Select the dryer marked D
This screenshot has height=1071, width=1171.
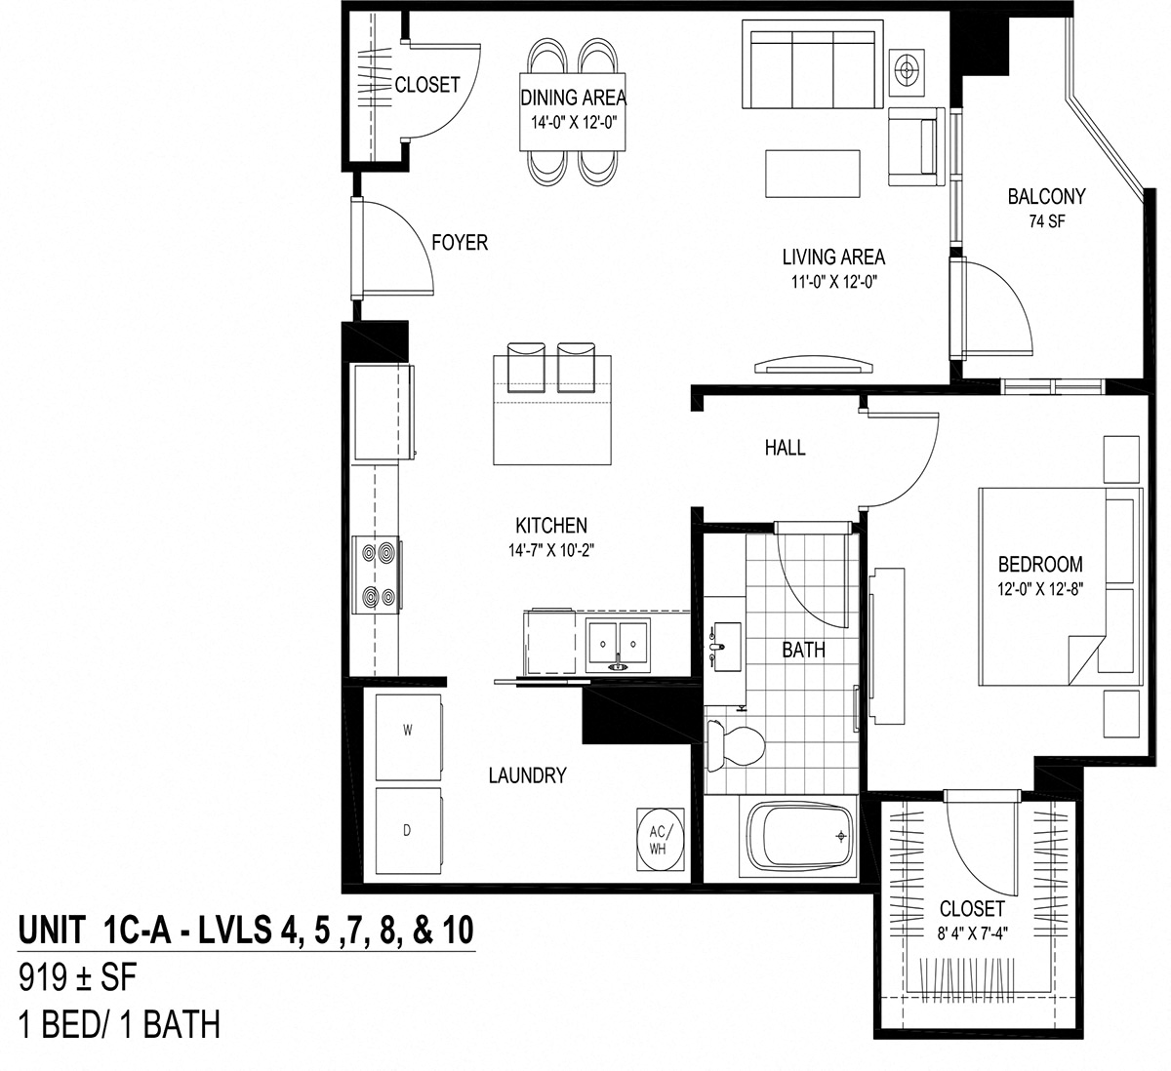(408, 830)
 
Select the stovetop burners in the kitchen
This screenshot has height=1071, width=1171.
(381, 575)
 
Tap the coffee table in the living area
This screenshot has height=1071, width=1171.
(812, 174)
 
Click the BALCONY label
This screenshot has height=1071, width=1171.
(1046, 197)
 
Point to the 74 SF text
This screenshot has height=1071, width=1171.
(1046, 221)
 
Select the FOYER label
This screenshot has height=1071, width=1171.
(459, 242)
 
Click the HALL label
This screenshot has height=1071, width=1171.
(785, 448)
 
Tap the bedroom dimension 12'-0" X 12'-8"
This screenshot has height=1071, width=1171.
(1039, 589)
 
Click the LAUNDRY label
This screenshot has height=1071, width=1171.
(527, 776)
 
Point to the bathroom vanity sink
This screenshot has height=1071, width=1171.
(723, 646)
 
